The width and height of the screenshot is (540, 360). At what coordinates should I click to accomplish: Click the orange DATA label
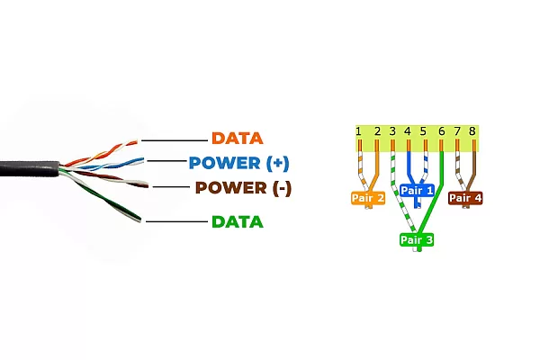coord(237,139)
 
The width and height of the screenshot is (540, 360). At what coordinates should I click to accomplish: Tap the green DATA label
coord(237,221)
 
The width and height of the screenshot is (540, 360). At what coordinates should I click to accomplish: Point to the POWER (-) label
coord(243,188)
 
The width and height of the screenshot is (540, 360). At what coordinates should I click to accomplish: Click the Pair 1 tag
coord(417,191)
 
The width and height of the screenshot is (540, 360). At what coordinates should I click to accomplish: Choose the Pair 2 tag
coord(367,197)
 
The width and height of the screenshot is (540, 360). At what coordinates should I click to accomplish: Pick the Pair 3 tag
coord(417,240)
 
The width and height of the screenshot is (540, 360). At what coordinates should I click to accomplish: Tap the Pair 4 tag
coord(465,197)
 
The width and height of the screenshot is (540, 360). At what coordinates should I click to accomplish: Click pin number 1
coord(359,132)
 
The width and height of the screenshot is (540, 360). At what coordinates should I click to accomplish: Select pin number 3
coord(392,132)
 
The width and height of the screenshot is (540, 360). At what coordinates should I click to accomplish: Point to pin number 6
coord(441,132)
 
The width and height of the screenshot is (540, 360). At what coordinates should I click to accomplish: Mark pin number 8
coord(472,132)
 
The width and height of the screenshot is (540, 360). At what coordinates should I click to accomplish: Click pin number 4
coord(408,132)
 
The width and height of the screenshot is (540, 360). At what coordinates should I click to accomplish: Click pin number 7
coord(457,132)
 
